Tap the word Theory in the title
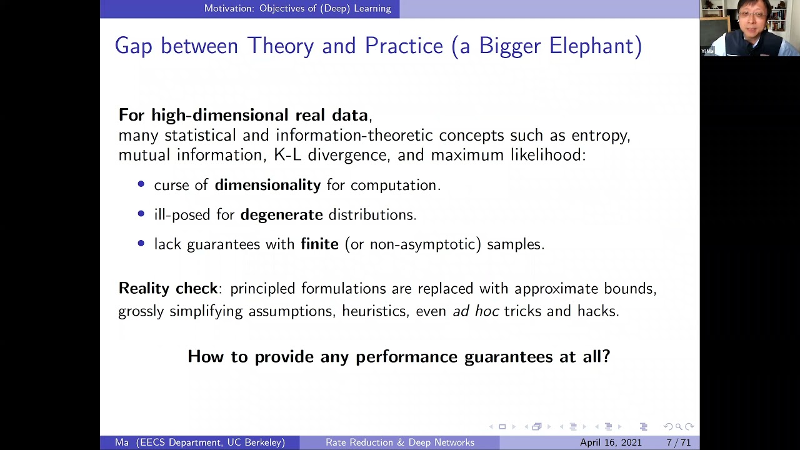click(x=281, y=46)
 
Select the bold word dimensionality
click(x=267, y=185)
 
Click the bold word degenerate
click(x=281, y=214)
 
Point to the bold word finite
click(x=319, y=244)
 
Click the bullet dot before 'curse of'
click(x=141, y=184)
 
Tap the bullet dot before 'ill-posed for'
click(x=141, y=214)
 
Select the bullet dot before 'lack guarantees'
click(x=141, y=243)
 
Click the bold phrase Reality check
click(x=167, y=288)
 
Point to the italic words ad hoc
click(x=475, y=311)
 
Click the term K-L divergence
click(x=330, y=155)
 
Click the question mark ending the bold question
click(x=605, y=356)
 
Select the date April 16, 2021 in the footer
click(x=611, y=442)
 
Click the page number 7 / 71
click(x=678, y=442)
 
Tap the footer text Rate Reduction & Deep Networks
click(x=399, y=442)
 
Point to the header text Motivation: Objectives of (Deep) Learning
click(x=297, y=9)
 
